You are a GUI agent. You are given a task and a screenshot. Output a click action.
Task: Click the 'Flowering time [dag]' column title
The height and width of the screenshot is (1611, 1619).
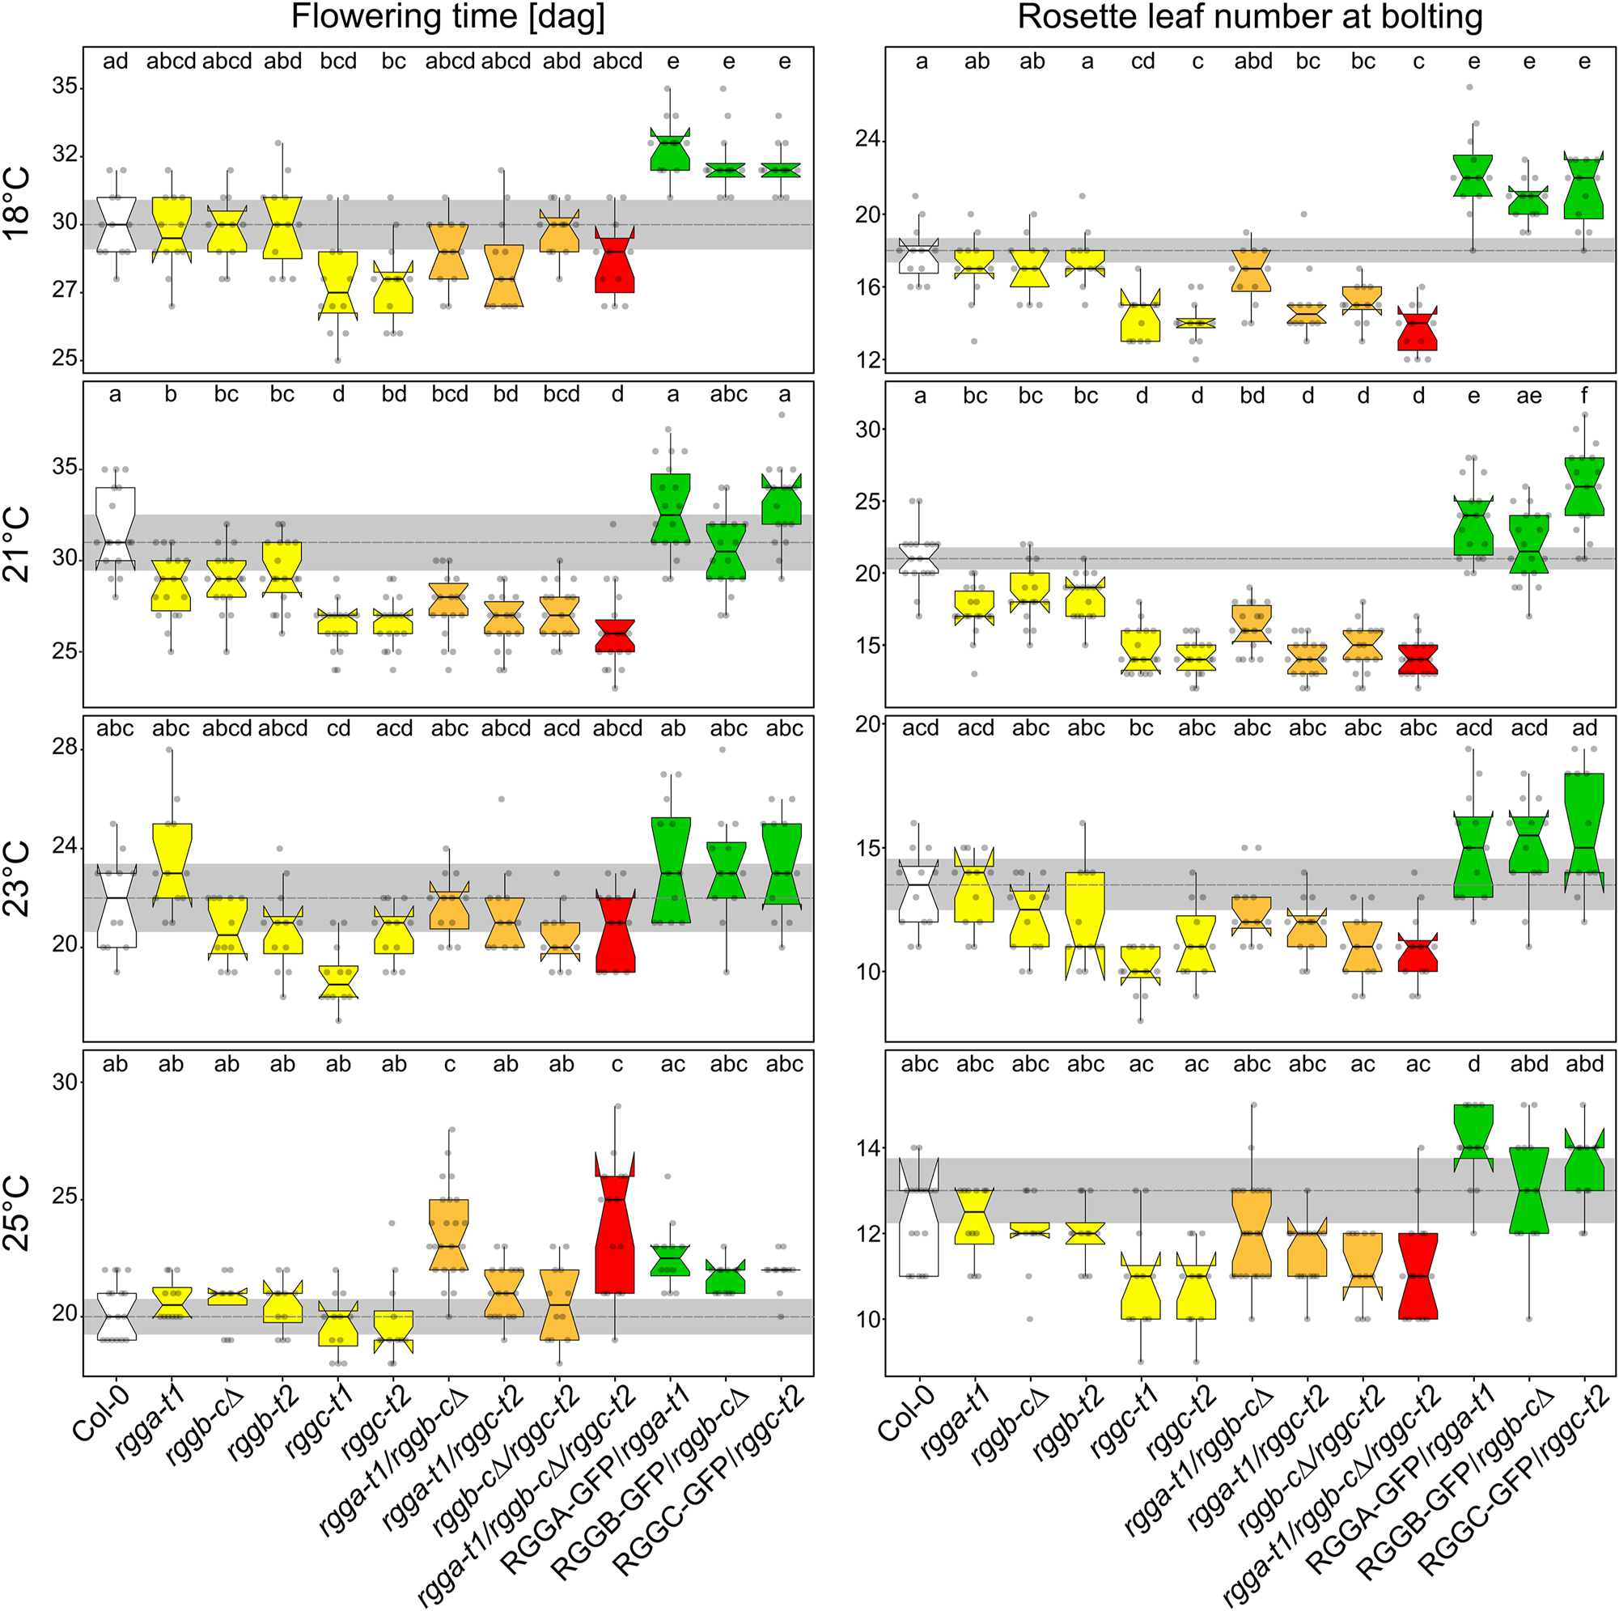(447, 18)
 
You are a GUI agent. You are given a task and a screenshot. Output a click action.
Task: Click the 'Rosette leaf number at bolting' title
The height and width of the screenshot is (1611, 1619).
(1249, 18)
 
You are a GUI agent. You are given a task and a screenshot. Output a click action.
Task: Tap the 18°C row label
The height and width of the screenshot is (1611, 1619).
(19, 204)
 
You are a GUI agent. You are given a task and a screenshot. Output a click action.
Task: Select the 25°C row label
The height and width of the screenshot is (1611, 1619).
(19, 1213)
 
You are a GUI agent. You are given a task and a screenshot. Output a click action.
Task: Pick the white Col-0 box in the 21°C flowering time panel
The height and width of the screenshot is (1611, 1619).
(116, 528)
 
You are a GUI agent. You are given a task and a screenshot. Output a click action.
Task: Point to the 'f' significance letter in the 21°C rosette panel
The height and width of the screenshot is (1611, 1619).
(1584, 396)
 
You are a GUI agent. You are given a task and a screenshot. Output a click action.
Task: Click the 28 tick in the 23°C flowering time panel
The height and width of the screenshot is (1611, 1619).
(66, 747)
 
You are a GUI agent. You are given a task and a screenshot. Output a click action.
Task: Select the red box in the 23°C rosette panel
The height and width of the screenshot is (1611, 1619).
(1418, 955)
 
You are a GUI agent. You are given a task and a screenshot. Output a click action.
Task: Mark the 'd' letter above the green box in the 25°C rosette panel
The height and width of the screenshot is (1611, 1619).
(1473, 1065)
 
